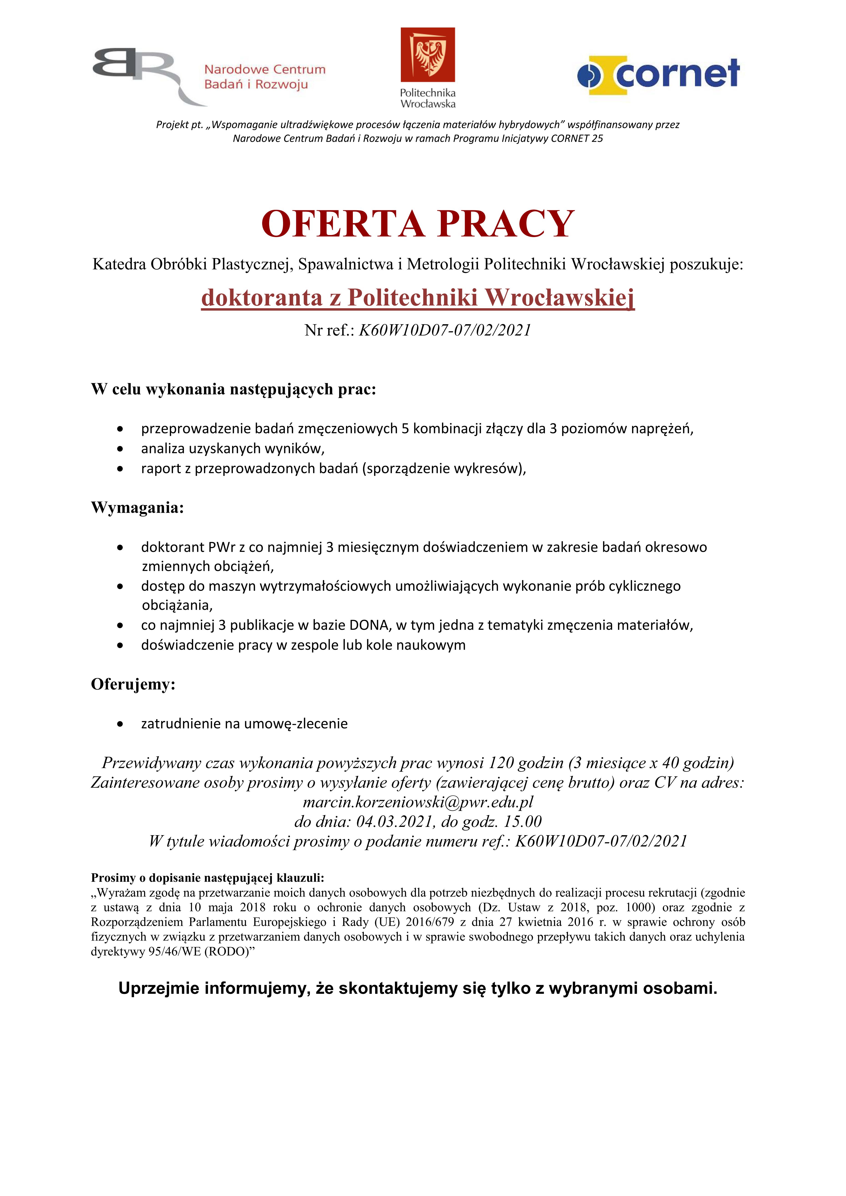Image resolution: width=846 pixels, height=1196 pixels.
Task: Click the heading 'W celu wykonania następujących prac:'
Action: click(233, 389)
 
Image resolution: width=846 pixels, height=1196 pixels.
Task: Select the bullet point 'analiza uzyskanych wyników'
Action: click(232, 448)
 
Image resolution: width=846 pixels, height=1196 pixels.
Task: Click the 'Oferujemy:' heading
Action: click(133, 684)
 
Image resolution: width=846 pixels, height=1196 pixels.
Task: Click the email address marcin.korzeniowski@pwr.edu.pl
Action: click(418, 802)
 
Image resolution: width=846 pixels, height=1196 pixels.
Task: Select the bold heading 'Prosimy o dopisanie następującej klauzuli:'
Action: click(207, 878)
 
